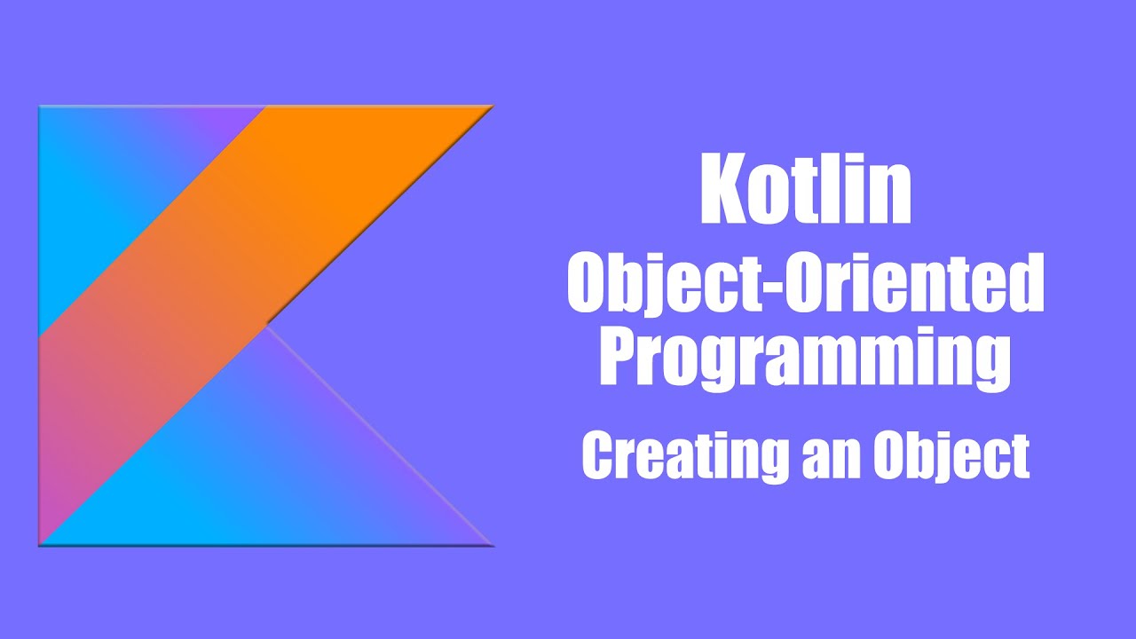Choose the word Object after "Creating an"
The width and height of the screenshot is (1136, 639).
coord(951,458)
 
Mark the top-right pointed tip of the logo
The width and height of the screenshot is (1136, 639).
coord(490,107)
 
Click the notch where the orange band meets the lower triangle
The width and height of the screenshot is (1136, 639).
coord(267,325)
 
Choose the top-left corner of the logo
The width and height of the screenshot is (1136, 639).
coord(41,108)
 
